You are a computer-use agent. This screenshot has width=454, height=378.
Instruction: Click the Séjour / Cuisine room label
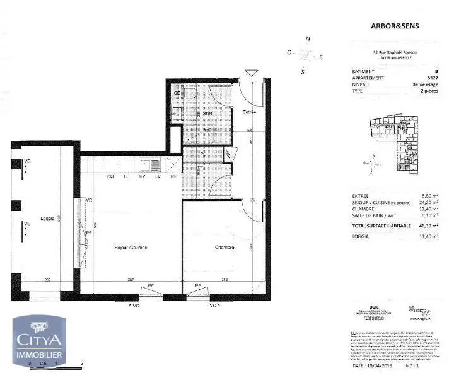pos(132,248)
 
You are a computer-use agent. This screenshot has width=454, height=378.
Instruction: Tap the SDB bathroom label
pos(207,113)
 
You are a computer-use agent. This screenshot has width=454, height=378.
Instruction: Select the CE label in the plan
pos(178,93)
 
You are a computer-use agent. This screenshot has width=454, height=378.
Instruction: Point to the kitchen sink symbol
pos(155,164)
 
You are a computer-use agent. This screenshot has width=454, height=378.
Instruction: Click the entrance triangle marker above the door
pos(251,74)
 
